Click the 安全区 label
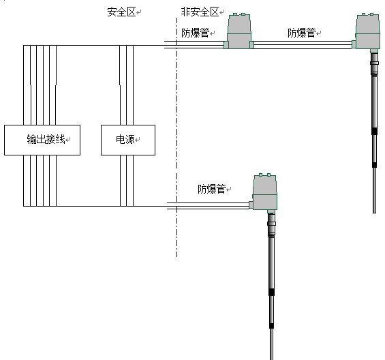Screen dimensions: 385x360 click(121, 12)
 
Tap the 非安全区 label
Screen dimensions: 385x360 click(200, 12)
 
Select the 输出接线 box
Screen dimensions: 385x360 click(42, 140)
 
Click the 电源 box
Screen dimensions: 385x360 click(128, 140)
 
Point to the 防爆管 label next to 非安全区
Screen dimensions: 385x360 click(196, 33)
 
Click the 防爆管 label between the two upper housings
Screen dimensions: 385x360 click(302, 33)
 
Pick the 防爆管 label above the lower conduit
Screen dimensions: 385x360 click(212, 189)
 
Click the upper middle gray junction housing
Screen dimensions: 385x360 click(239, 31)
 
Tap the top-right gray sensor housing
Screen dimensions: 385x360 click(367, 31)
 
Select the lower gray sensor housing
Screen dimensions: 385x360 click(264, 192)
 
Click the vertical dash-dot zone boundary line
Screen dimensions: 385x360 click(176, 137)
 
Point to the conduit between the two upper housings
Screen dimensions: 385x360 click(303, 45)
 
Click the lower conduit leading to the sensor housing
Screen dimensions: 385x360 click(209, 206)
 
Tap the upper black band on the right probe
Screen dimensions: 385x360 click(374, 131)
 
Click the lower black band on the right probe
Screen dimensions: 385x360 click(374, 165)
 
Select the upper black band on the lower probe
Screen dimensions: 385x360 click(271, 292)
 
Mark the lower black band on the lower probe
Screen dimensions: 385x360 click(271, 326)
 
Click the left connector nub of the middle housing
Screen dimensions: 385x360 click(226, 45)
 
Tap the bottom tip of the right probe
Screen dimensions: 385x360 click(375, 213)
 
